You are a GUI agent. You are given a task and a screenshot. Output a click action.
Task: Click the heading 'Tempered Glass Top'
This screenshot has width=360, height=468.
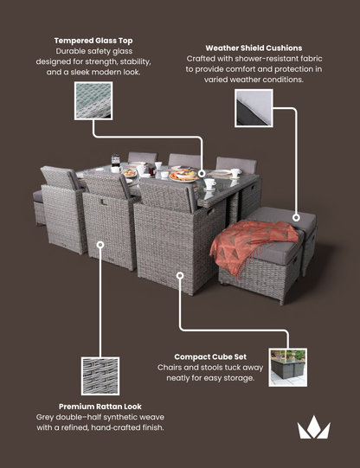pyautogui.click(x=93, y=40)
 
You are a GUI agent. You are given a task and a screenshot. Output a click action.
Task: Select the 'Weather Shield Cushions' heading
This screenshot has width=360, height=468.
pyautogui.click(x=254, y=48)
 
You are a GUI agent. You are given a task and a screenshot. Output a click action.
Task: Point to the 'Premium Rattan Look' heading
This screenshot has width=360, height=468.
pyautogui.click(x=100, y=406)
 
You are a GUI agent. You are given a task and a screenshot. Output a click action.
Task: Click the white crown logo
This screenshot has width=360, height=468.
pyautogui.click(x=313, y=427)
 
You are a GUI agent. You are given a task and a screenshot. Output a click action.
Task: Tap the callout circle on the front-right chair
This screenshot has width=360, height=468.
pyautogui.click(x=180, y=277)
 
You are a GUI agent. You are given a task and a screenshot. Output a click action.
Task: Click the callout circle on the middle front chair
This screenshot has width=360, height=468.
pyautogui.click(x=101, y=246)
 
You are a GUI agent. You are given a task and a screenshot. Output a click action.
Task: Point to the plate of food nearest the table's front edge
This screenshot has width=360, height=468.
pyautogui.click(x=183, y=176)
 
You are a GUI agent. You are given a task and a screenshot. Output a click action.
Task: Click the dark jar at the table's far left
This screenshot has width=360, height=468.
pyautogui.click(x=115, y=161)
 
